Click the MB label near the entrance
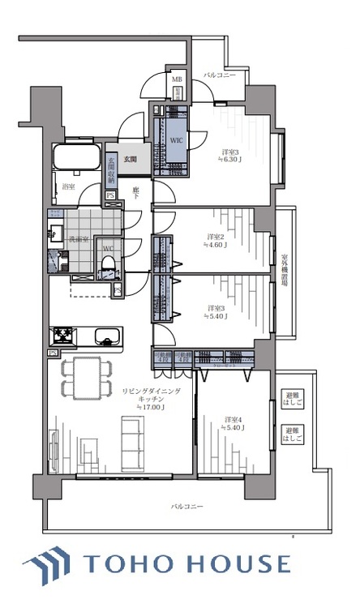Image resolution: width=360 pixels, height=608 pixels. (177, 79)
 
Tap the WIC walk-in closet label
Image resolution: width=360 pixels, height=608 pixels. (176, 140)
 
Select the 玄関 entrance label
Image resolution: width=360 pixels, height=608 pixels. (131, 160)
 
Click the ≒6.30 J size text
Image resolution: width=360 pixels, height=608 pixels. (233, 161)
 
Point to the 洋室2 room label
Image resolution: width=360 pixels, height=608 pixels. (215, 237)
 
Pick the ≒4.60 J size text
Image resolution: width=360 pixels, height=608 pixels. (215, 246)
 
